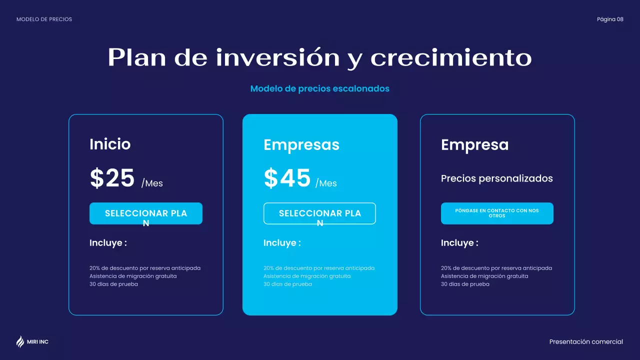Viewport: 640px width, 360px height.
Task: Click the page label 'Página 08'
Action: tap(610, 19)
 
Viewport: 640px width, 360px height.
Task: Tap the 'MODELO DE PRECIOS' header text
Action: tap(44, 19)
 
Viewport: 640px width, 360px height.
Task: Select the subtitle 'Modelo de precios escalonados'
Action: tap(319, 88)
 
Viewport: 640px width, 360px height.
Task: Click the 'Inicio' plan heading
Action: tap(110, 144)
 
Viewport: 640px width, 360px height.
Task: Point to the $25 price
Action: tap(112, 178)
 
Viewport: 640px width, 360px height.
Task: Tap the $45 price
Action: tap(287, 178)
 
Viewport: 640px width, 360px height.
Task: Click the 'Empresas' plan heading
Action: tap(301, 145)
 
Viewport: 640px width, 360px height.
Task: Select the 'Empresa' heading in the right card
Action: tap(474, 145)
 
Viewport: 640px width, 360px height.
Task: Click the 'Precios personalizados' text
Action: tap(496, 178)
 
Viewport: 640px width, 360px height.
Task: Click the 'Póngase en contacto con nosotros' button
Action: tap(497, 213)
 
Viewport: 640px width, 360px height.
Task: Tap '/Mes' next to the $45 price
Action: tap(326, 183)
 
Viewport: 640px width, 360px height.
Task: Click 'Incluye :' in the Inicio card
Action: tap(108, 243)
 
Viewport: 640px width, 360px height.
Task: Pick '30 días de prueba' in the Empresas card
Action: tap(287, 284)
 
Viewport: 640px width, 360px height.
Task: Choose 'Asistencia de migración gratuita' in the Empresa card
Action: tap(484, 276)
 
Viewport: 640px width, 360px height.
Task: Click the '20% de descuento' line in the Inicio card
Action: tap(145, 268)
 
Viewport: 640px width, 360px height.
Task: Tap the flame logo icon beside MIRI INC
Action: tap(20, 341)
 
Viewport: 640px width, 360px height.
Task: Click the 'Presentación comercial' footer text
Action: tap(586, 342)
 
